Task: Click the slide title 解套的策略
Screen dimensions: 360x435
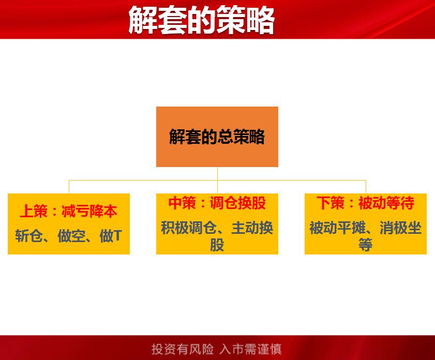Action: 201,21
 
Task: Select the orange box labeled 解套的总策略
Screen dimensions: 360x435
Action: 217,137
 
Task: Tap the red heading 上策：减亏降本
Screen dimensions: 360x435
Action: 68,211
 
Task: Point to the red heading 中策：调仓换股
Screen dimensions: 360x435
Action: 217,203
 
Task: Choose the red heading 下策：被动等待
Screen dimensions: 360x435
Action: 365,203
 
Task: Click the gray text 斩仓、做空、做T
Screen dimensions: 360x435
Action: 68,236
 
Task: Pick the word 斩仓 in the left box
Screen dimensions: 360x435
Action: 30,236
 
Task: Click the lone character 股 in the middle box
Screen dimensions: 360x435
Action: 217,244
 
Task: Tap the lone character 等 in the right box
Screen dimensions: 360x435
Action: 366,244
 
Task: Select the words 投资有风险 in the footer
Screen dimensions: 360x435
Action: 183,349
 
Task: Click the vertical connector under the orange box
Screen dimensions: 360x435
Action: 217,174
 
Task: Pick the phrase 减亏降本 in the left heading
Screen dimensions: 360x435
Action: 89,211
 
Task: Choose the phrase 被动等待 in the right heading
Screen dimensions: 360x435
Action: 386,203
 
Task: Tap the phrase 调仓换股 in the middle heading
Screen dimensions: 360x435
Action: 238,203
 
